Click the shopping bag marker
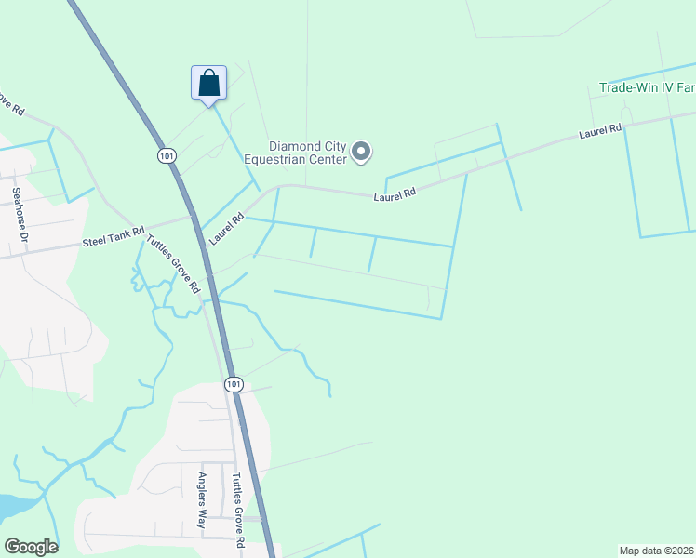208,83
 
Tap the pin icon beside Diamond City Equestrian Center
363,151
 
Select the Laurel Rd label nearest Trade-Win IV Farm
599,133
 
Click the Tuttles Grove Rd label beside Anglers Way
237,510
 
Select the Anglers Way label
201,500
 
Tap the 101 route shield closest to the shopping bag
167,156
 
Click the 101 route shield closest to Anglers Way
234,383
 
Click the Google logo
31,547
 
